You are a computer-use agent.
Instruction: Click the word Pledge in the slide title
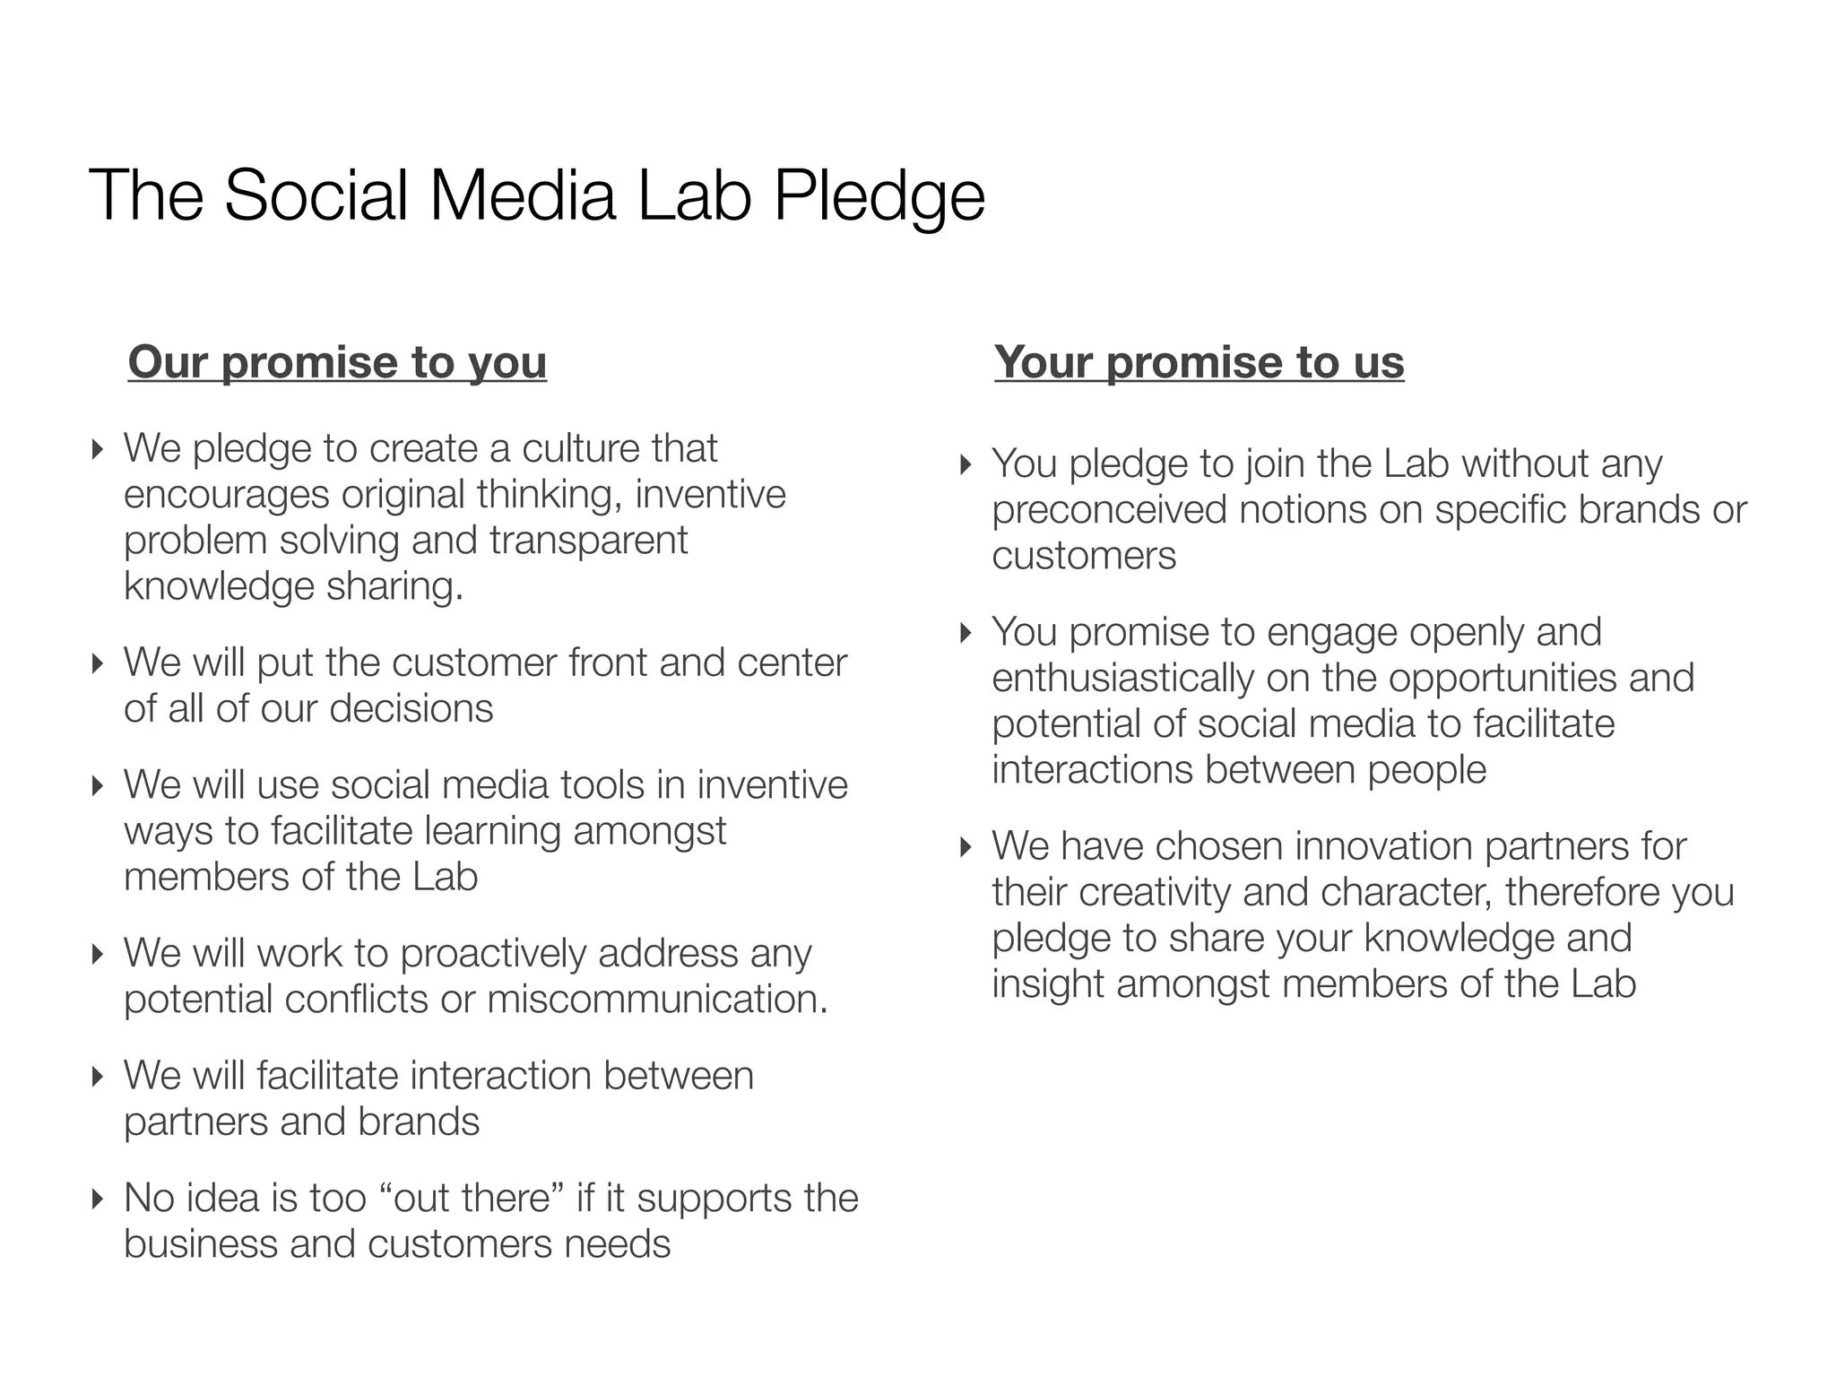coord(879,197)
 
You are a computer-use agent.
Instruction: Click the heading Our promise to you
coord(337,362)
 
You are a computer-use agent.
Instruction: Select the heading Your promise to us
coord(1199,362)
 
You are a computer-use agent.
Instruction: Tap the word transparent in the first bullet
coord(588,541)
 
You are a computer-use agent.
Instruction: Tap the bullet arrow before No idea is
coord(99,1199)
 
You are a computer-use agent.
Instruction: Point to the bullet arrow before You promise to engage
coord(966,633)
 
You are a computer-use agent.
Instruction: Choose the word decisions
coord(411,709)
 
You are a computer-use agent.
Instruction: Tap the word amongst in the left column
coord(649,831)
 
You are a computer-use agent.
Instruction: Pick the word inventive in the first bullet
coord(710,495)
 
